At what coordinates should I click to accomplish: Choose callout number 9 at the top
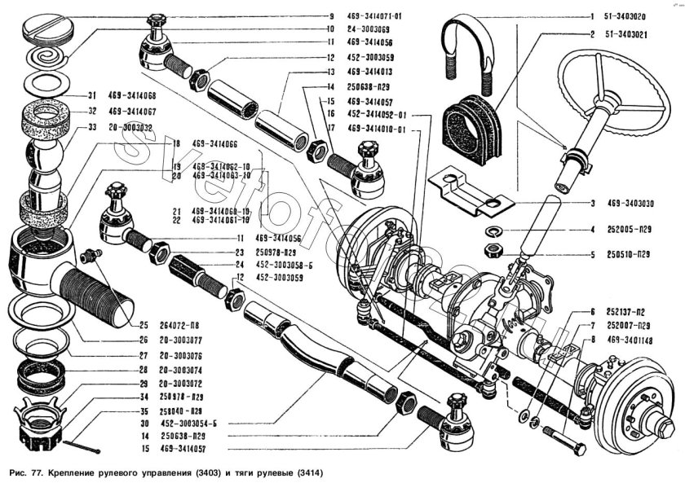tap(331, 16)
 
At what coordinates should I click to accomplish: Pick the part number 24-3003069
tap(371, 29)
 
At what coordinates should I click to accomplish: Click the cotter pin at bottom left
tap(82, 447)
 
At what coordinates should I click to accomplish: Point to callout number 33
tap(93, 128)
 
